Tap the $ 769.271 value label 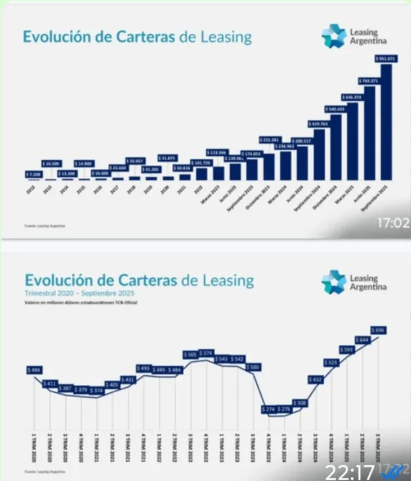368,80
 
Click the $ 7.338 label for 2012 34,174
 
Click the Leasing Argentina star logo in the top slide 334,36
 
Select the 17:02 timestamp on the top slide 393,223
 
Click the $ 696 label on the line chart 379,330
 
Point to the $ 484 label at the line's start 34,370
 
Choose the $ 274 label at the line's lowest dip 268,409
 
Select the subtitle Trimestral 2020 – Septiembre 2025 79,294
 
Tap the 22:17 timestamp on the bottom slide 342,469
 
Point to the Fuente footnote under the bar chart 44,226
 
